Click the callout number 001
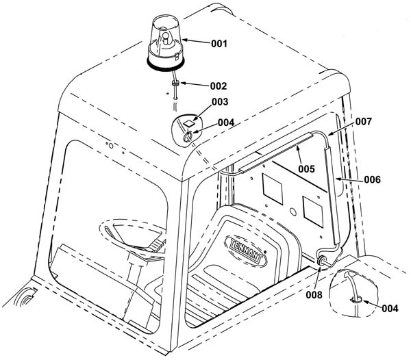pos(219,44)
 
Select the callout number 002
pos(219,86)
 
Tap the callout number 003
pos(220,102)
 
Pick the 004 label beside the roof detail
pos(226,123)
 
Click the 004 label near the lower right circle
pos(390,309)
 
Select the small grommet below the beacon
pos(175,83)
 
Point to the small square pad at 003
pos(188,123)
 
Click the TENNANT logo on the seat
pos(246,250)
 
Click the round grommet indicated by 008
pos(321,261)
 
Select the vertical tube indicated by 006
pos(332,195)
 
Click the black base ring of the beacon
pos(166,64)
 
